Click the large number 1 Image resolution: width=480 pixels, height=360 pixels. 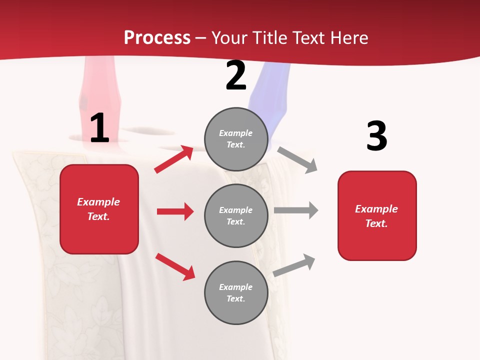(99, 128)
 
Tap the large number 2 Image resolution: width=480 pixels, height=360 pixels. (236, 75)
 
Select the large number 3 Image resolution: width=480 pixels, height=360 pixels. (376, 136)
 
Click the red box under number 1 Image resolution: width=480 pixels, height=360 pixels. (99, 209)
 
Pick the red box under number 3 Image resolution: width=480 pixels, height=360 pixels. (377, 215)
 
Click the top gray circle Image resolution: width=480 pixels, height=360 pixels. (236, 139)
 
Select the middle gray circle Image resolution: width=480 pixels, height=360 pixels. (236, 215)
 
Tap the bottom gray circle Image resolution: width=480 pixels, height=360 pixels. (236, 292)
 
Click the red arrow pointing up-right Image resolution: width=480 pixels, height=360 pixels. (174, 159)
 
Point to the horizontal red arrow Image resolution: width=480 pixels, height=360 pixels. (175, 211)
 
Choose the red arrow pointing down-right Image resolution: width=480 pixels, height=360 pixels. (175, 266)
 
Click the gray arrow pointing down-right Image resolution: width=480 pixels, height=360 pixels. (297, 159)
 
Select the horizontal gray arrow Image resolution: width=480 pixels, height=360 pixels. (296, 210)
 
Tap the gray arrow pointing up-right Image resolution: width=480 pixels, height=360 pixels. (294, 265)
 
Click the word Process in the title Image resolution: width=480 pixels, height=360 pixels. (157, 37)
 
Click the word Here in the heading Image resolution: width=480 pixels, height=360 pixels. (348, 37)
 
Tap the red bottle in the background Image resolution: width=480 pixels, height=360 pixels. (100, 87)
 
